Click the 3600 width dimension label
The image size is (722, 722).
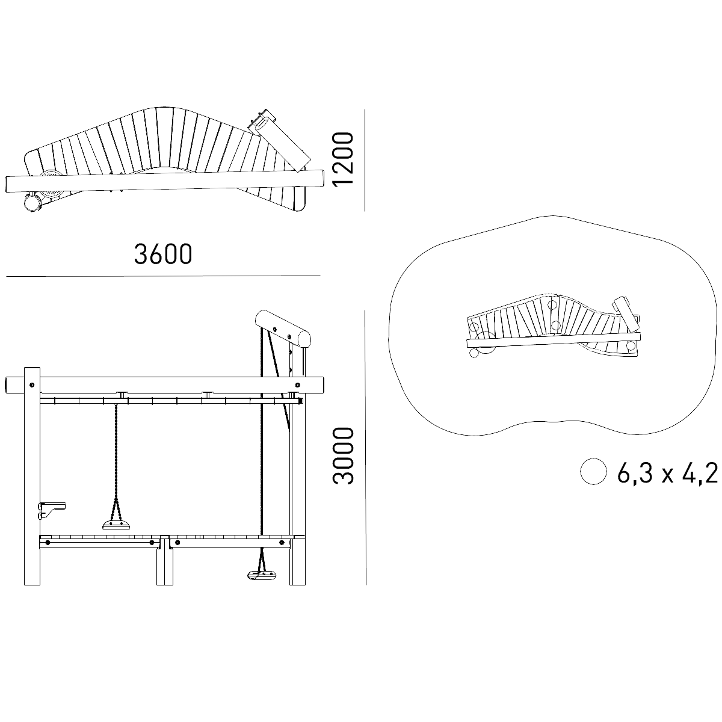pyautogui.click(x=163, y=254)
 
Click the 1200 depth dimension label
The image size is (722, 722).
pyautogui.click(x=343, y=158)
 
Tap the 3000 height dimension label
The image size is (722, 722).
pyautogui.click(x=343, y=456)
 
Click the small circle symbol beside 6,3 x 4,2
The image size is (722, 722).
pyautogui.click(x=593, y=471)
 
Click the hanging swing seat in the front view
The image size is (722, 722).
pyautogui.click(x=117, y=525)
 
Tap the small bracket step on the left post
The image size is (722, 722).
pyautogui.click(x=52, y=510)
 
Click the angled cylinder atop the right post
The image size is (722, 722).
pyautogui.click(x=283, y=329)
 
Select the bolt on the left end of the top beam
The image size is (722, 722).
pyautogui.click(x=32, y=384)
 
